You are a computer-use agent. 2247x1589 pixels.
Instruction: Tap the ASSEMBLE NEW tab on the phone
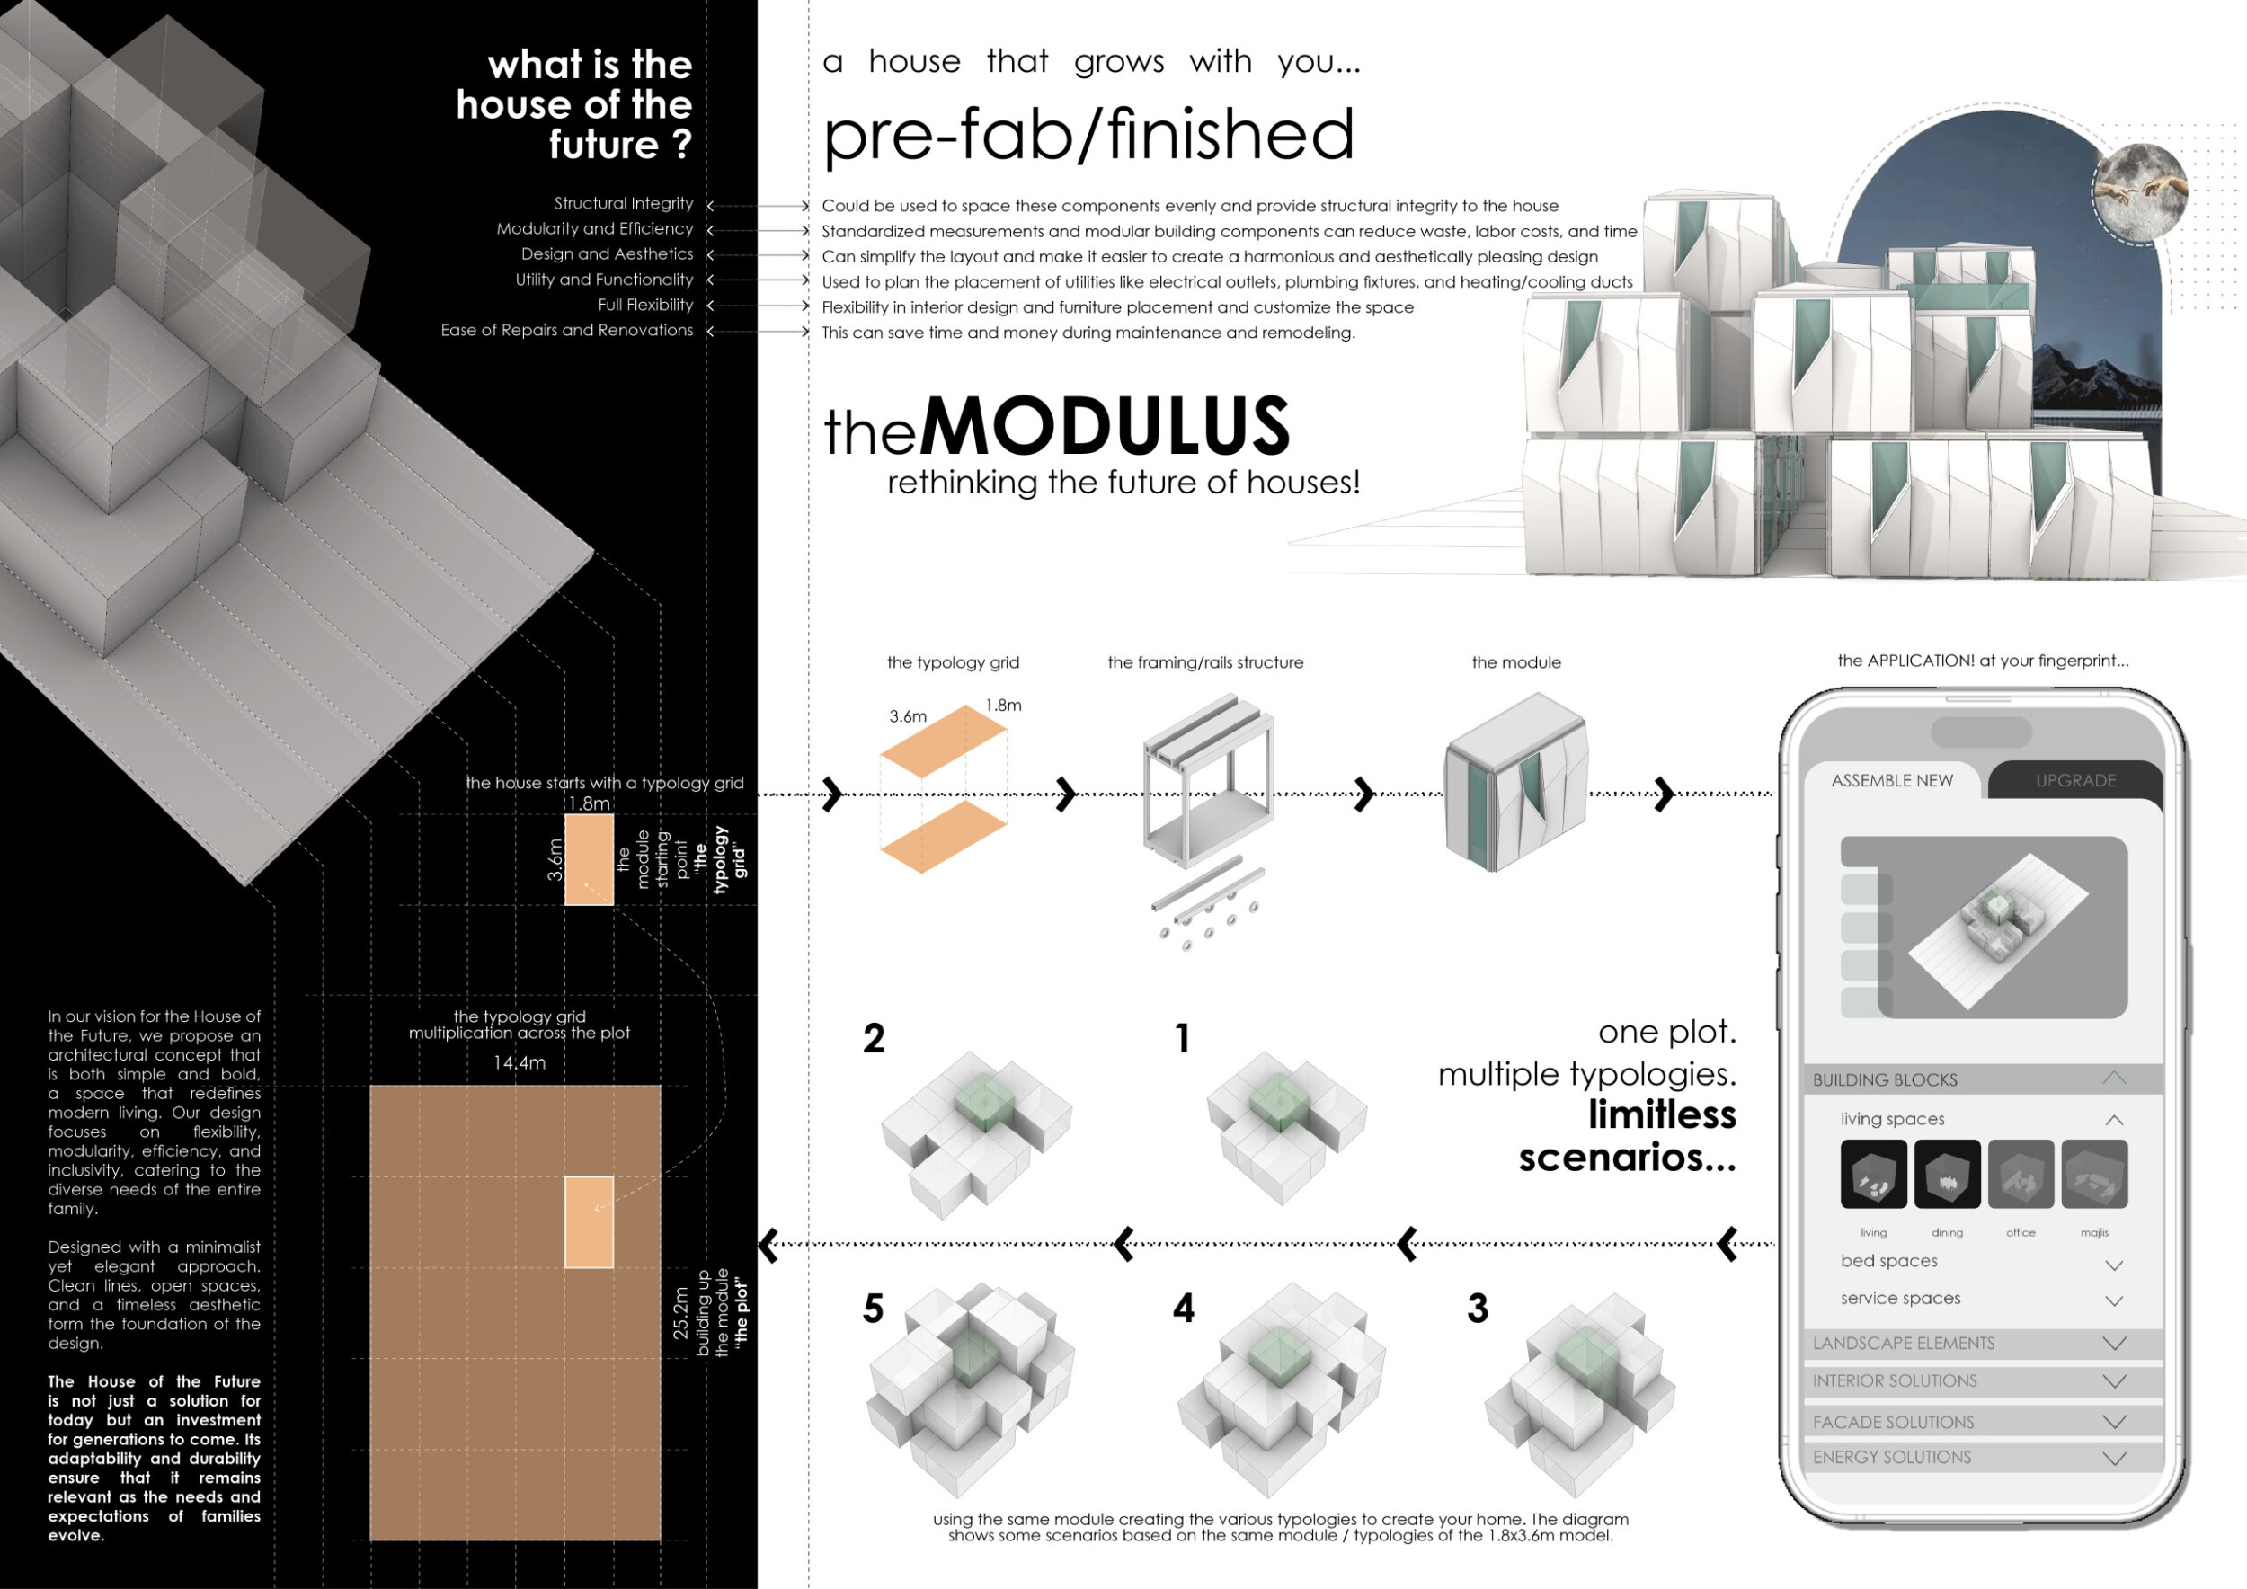[x=1891, y=780]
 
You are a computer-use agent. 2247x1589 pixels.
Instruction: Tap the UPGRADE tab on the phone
[x=2074, y=780]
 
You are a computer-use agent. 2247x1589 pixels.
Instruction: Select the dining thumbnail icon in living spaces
[x=1947, y=1173]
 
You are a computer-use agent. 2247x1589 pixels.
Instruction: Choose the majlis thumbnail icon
[x=2094, y=1173]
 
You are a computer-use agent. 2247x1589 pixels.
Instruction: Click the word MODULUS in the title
[x=1105, y=426]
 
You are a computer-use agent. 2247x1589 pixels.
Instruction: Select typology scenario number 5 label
[x=873, y=1309]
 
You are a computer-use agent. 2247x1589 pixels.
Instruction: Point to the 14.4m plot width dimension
[x=519, y=1062]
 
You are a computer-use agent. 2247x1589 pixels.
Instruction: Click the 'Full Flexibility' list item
[x=645, y=305]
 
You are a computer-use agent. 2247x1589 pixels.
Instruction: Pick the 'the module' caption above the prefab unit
[x=1516, y=662]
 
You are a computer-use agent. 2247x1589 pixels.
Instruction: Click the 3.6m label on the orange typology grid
[x=907, y=716]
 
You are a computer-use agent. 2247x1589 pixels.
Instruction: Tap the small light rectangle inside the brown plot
[x=589, y=1222]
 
